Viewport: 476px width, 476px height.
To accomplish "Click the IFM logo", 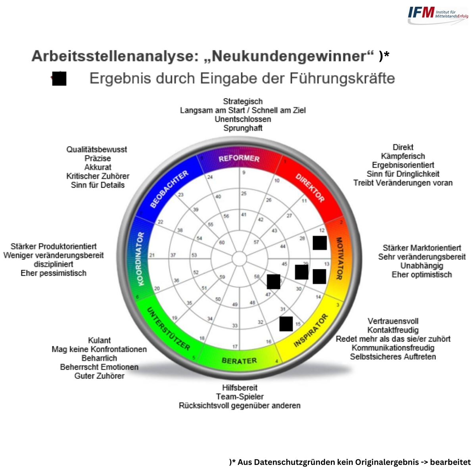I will tap(438, 14).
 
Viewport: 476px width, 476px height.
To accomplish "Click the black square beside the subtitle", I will tap(59, 78).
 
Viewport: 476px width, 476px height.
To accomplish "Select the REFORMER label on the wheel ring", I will tap(239, 158).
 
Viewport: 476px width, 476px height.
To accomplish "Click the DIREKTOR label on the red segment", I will tap(310, 188).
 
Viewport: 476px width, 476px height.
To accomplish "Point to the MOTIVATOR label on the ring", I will tap(339, 258).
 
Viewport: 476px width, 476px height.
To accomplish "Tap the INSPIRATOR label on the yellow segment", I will tap(311, 331).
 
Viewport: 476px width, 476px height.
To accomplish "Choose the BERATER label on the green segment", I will tap(239, 361).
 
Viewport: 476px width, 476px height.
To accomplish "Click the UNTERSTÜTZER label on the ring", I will tap(168, 329).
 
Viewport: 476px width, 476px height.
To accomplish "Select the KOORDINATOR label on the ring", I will tap(140, 259).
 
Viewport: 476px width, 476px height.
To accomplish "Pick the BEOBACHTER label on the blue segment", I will tap(169, 190).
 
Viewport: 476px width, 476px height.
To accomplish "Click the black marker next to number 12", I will tap(320, 243).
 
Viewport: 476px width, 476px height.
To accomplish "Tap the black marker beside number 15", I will tap(286, 324).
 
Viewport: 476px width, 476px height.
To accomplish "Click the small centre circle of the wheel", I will tap(239, 259).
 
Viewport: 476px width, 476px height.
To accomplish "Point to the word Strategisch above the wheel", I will tap(243, 102).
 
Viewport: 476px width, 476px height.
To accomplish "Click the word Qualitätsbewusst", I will tap(97, 150).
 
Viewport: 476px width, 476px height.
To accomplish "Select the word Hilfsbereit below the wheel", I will tap(240, 388).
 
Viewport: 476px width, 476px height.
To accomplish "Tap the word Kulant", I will tap(99, 340).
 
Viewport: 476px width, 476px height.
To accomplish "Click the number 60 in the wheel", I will tap(222, 242).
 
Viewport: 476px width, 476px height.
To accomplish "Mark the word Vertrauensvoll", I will tap(393, 321).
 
